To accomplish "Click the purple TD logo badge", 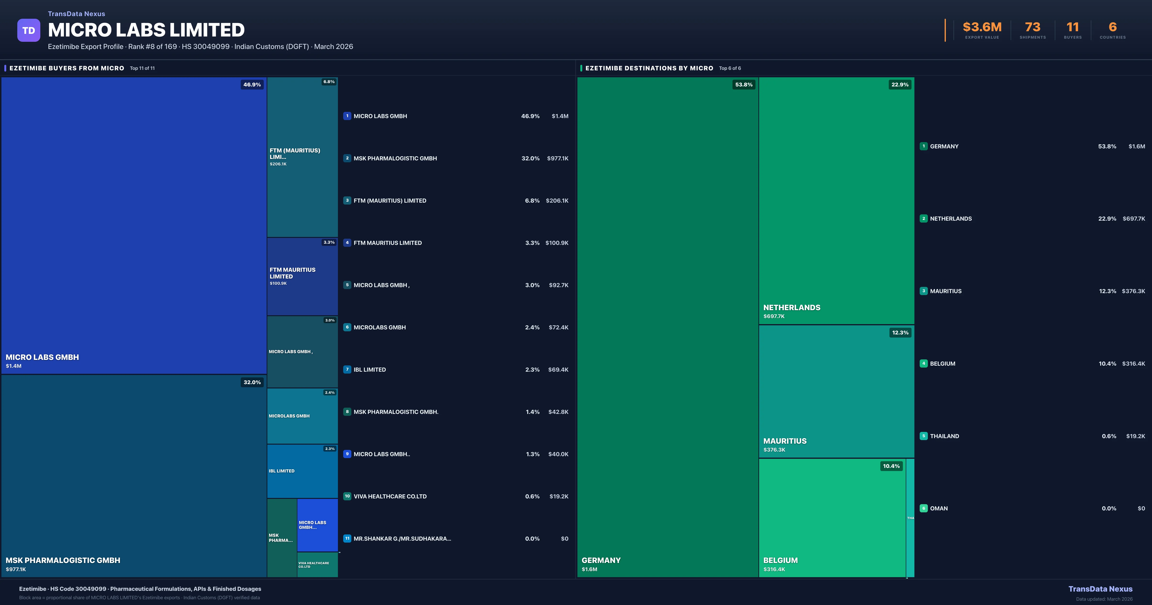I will click(x=29, y=30).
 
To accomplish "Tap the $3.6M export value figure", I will click(x=982, y=27).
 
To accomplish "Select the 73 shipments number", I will click(x=1032, y=27).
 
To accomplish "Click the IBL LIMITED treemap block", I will click(x=302, y=471).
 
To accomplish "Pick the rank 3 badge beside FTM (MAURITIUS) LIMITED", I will click(x=347, y=200).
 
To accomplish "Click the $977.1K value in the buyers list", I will click(x=557, y=158).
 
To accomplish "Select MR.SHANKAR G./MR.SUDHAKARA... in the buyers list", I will click(x=402, y=539).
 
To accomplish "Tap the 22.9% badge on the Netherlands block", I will click(x=900, y=85).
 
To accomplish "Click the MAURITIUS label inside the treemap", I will click(x=785, y=441).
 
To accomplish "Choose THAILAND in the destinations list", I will click(x=944, y=436).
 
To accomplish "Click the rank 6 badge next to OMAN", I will click(x=924, y=508).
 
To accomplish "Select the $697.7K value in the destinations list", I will click(x=1134, y=219).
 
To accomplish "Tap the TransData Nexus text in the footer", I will click(x=1100, y=589).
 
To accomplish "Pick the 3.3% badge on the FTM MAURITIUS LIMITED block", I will click(x=329, y=242).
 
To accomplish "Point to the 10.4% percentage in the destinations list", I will click(x=1107, y=364).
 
